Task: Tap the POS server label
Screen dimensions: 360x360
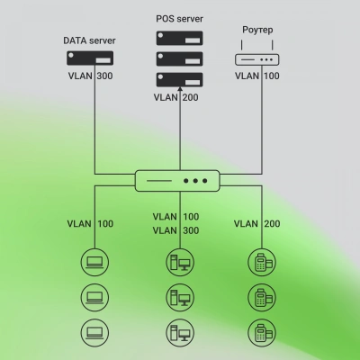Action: pos(178,18)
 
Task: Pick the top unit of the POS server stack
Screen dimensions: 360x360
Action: pos(178,39)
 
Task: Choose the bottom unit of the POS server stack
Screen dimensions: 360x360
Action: pos(178,78)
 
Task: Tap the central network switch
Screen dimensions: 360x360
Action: pos(180,181)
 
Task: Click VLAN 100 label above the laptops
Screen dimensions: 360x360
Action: pos(90,222)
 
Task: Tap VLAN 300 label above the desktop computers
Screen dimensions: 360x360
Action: pos(175,230)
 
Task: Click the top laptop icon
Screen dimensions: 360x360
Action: pos(94,263)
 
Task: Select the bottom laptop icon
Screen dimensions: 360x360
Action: pos(94,330)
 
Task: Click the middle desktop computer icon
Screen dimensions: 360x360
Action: pos(178,296)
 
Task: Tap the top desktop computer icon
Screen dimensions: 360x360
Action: pos(178,263)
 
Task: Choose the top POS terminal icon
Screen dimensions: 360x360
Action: pos(262,263)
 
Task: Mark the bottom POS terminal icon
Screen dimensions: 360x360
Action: pos(262,330)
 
